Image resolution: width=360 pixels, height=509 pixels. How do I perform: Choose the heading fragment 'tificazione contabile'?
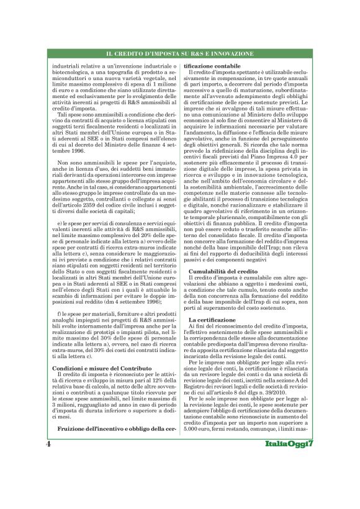[x=214, y=65]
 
